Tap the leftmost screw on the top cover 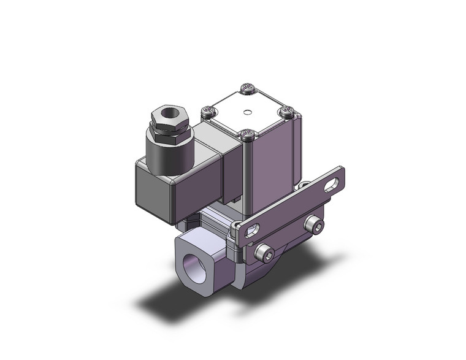(x=210, y=112)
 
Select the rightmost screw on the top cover (x=288, y=112)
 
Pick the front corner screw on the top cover (x=248, y=134)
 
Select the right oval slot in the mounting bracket (x=332, y=185)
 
